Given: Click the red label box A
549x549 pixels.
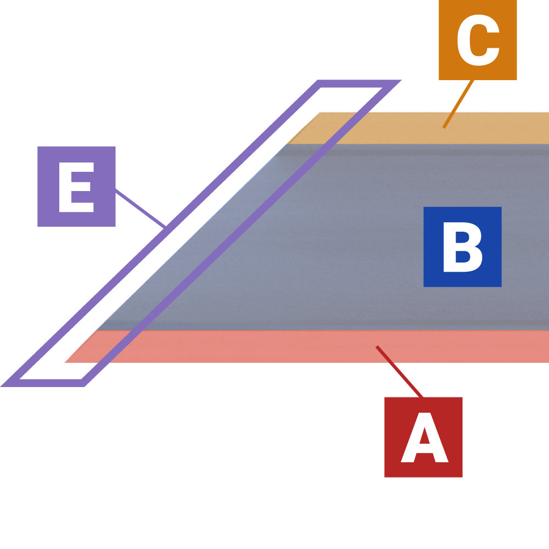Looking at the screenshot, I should [423, 437].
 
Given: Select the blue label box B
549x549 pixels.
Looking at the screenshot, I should [462, 247].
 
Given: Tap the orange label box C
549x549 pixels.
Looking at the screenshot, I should [478, 40].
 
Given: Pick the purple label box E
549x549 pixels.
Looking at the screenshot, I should [76, 186].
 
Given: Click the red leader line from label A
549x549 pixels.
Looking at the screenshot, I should [400, 372].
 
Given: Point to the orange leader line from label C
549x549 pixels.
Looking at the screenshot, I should [459, 104].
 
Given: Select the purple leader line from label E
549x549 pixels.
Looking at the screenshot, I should [140, 208].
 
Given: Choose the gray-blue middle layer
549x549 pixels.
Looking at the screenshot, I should [329, 242].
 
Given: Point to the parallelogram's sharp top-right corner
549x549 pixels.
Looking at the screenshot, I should [400, 81].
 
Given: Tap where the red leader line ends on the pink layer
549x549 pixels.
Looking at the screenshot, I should [377, 346].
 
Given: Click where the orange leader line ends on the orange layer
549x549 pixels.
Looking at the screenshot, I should [444, 128].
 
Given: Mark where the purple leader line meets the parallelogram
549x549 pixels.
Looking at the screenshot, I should [164, 226].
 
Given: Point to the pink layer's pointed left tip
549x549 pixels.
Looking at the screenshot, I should [65, 362].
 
